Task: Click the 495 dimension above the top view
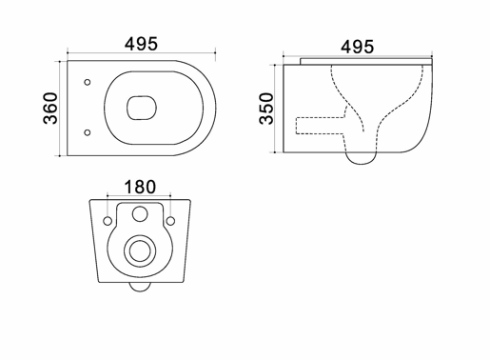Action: (x=141, y=44)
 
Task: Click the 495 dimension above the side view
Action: (x=357, y=47)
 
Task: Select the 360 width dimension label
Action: (x=50, y=108)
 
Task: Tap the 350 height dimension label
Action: (x=266, y=109)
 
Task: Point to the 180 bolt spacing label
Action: (x=140, y=187)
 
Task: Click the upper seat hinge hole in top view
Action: (x=88, y=82)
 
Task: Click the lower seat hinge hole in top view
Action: (x=88, y=132)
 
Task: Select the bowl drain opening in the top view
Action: (x=142, y=108)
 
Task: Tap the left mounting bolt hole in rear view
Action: (x=108, y=221)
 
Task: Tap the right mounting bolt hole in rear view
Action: (x=170, y=221)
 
